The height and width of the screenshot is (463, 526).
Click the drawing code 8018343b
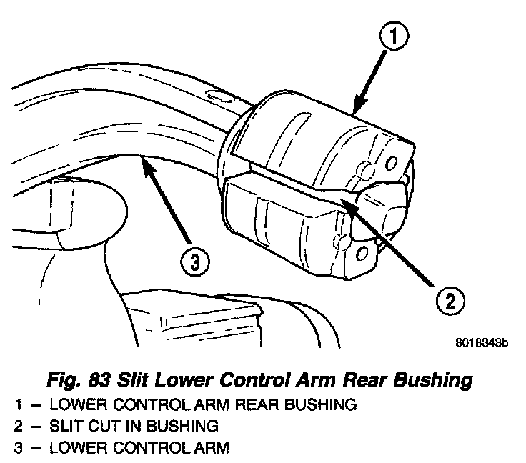pos(481,343)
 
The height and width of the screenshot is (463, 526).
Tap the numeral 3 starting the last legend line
pos(17,449)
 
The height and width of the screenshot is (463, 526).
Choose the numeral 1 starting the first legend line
pos(17,405)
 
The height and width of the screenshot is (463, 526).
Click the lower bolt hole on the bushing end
pos(362,252)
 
